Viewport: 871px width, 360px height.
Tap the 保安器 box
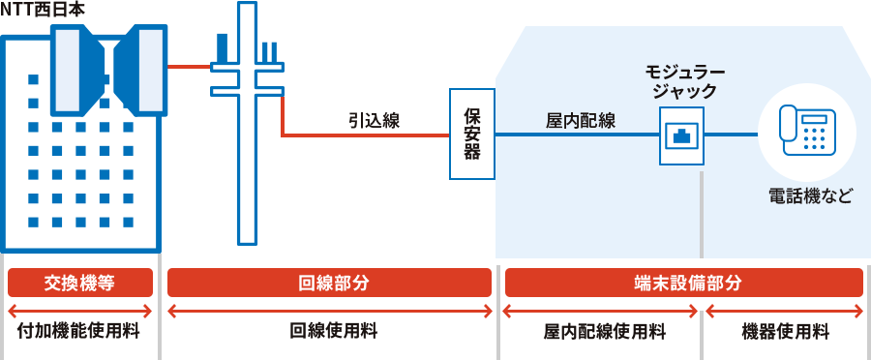click(x=472, y=134)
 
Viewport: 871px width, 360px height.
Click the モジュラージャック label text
click(x=684, y=82)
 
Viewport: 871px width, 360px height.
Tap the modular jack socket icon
click(x=681, y=135)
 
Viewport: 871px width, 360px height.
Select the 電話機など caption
click(x=811, y=196)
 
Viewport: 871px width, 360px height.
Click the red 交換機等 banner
click(x=80, y=283)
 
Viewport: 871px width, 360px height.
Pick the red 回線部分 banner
click(x=330, y=283)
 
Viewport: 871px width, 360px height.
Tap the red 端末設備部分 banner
click(x=683, y=283)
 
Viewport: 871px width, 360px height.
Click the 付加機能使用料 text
click(x=80, y=332)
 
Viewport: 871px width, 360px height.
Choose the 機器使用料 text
click(x=785, y=332)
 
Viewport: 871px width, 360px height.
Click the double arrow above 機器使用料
click(x=785, y=311)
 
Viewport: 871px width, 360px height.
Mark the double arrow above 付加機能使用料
click(x=80, y=311)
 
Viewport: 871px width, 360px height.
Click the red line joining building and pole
click(x=190, y=67)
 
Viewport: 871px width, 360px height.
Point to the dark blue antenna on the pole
click(x=224, y=48)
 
